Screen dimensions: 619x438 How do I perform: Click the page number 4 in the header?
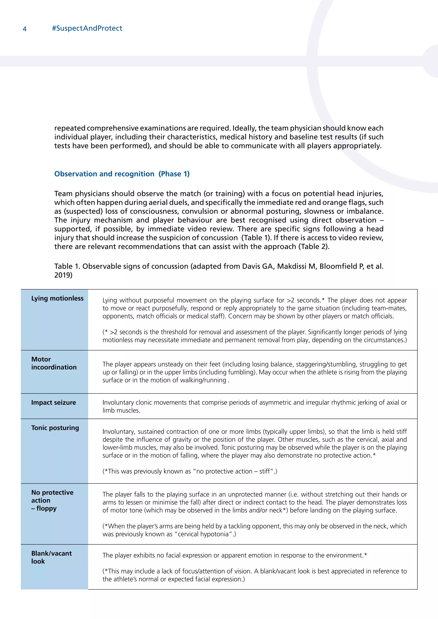25,29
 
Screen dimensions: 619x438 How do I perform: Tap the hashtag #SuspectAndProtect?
87,28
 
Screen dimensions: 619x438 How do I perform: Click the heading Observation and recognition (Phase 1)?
122,174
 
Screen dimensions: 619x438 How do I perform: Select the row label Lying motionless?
57,298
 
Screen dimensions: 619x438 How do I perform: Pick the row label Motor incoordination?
54,363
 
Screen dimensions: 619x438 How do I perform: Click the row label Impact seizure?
53,402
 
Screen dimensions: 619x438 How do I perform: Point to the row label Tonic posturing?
55,428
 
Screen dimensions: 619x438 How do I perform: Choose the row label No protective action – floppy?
52,500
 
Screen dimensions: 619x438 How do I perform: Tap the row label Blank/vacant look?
51,557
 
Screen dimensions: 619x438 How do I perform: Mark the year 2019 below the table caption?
63,275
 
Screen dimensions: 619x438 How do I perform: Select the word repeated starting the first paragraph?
70,128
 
